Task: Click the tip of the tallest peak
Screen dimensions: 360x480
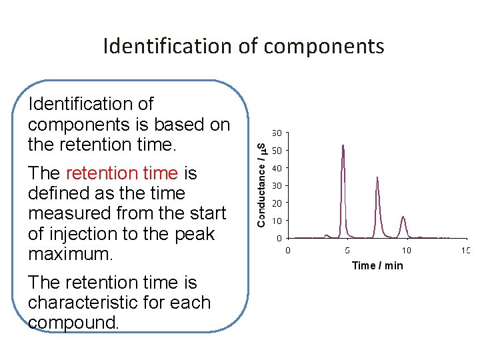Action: click(343, 145)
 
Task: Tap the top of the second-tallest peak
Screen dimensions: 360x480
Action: click(377, 177)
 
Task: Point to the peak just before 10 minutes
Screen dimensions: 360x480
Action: click(403, 217)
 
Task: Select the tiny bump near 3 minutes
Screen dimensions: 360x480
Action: click(327, 235)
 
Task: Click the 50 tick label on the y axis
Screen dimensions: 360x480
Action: click(276, 150)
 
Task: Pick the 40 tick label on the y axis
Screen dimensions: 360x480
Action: click(276, 168)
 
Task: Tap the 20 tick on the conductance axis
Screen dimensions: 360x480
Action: click(276, 203)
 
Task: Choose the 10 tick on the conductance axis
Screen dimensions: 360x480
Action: click(276, 221)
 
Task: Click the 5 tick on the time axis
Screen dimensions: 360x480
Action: click(347, 251)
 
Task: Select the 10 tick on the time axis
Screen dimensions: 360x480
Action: click(406, 251)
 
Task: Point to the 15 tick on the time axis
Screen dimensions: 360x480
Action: click(465, 251)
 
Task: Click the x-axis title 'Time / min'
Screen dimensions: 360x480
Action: click(377, 265)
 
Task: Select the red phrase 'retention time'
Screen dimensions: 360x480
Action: click(122, 173)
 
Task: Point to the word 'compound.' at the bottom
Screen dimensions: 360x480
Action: click(74, 323)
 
